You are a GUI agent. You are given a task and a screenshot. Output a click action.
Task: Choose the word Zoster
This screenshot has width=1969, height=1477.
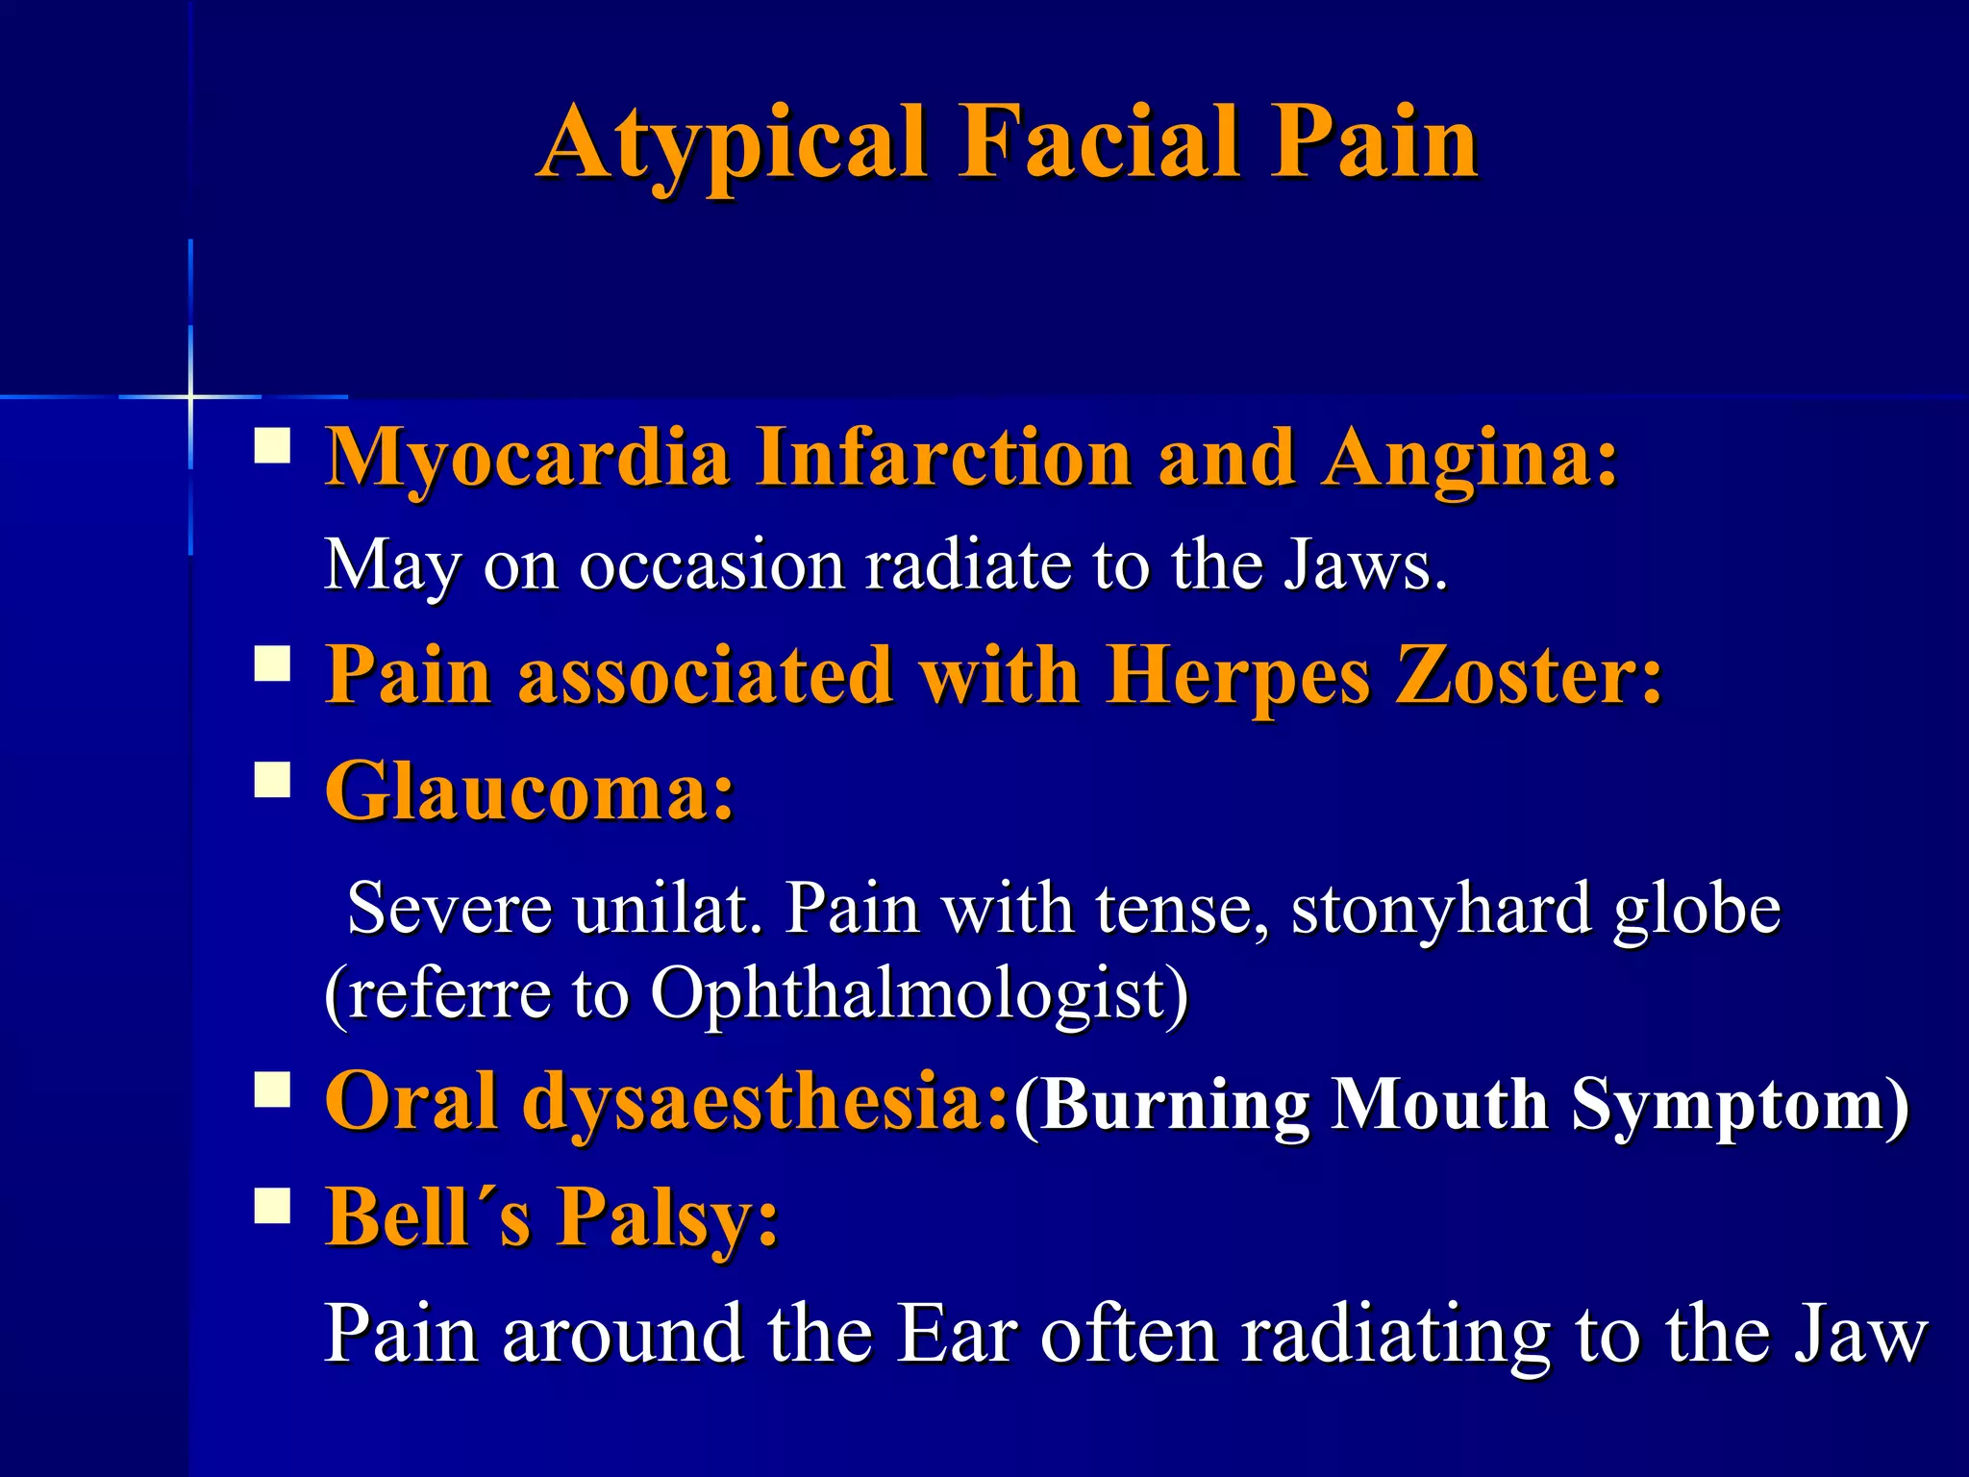click(x=1529, y=675)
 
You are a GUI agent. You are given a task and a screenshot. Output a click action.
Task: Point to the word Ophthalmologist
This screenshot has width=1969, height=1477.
click(x=919, y=992)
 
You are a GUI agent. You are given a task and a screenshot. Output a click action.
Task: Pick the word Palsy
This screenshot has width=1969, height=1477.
click(x=669, y=1217)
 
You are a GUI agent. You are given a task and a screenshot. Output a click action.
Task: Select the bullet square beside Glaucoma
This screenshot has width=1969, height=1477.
click(x=273, y=780)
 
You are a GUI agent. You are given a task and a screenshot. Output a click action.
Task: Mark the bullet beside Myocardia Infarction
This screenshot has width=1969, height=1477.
click(x=273, y=447)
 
